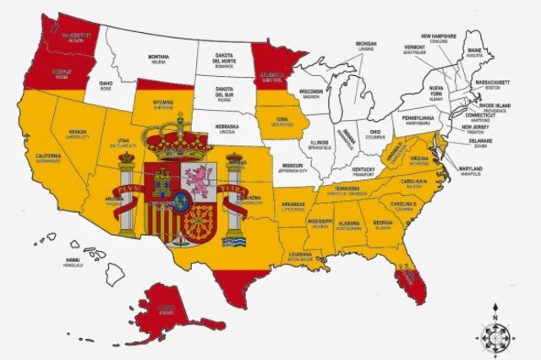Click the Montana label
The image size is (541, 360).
(159, 59)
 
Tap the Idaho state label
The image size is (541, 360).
(106, 85)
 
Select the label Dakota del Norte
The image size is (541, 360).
(224, 59)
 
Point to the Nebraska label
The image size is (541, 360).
(227, 128)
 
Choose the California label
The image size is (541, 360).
(48, 158)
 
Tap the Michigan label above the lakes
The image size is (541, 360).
(365, 46)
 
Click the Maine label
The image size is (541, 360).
(474, 52)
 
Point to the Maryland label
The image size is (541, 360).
(471, 170)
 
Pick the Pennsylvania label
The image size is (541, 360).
(418, 119)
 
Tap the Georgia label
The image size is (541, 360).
(382, 224)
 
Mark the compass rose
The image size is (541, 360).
(495, 333)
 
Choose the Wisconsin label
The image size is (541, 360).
(311, 92)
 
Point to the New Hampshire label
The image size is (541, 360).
(439, 38)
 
